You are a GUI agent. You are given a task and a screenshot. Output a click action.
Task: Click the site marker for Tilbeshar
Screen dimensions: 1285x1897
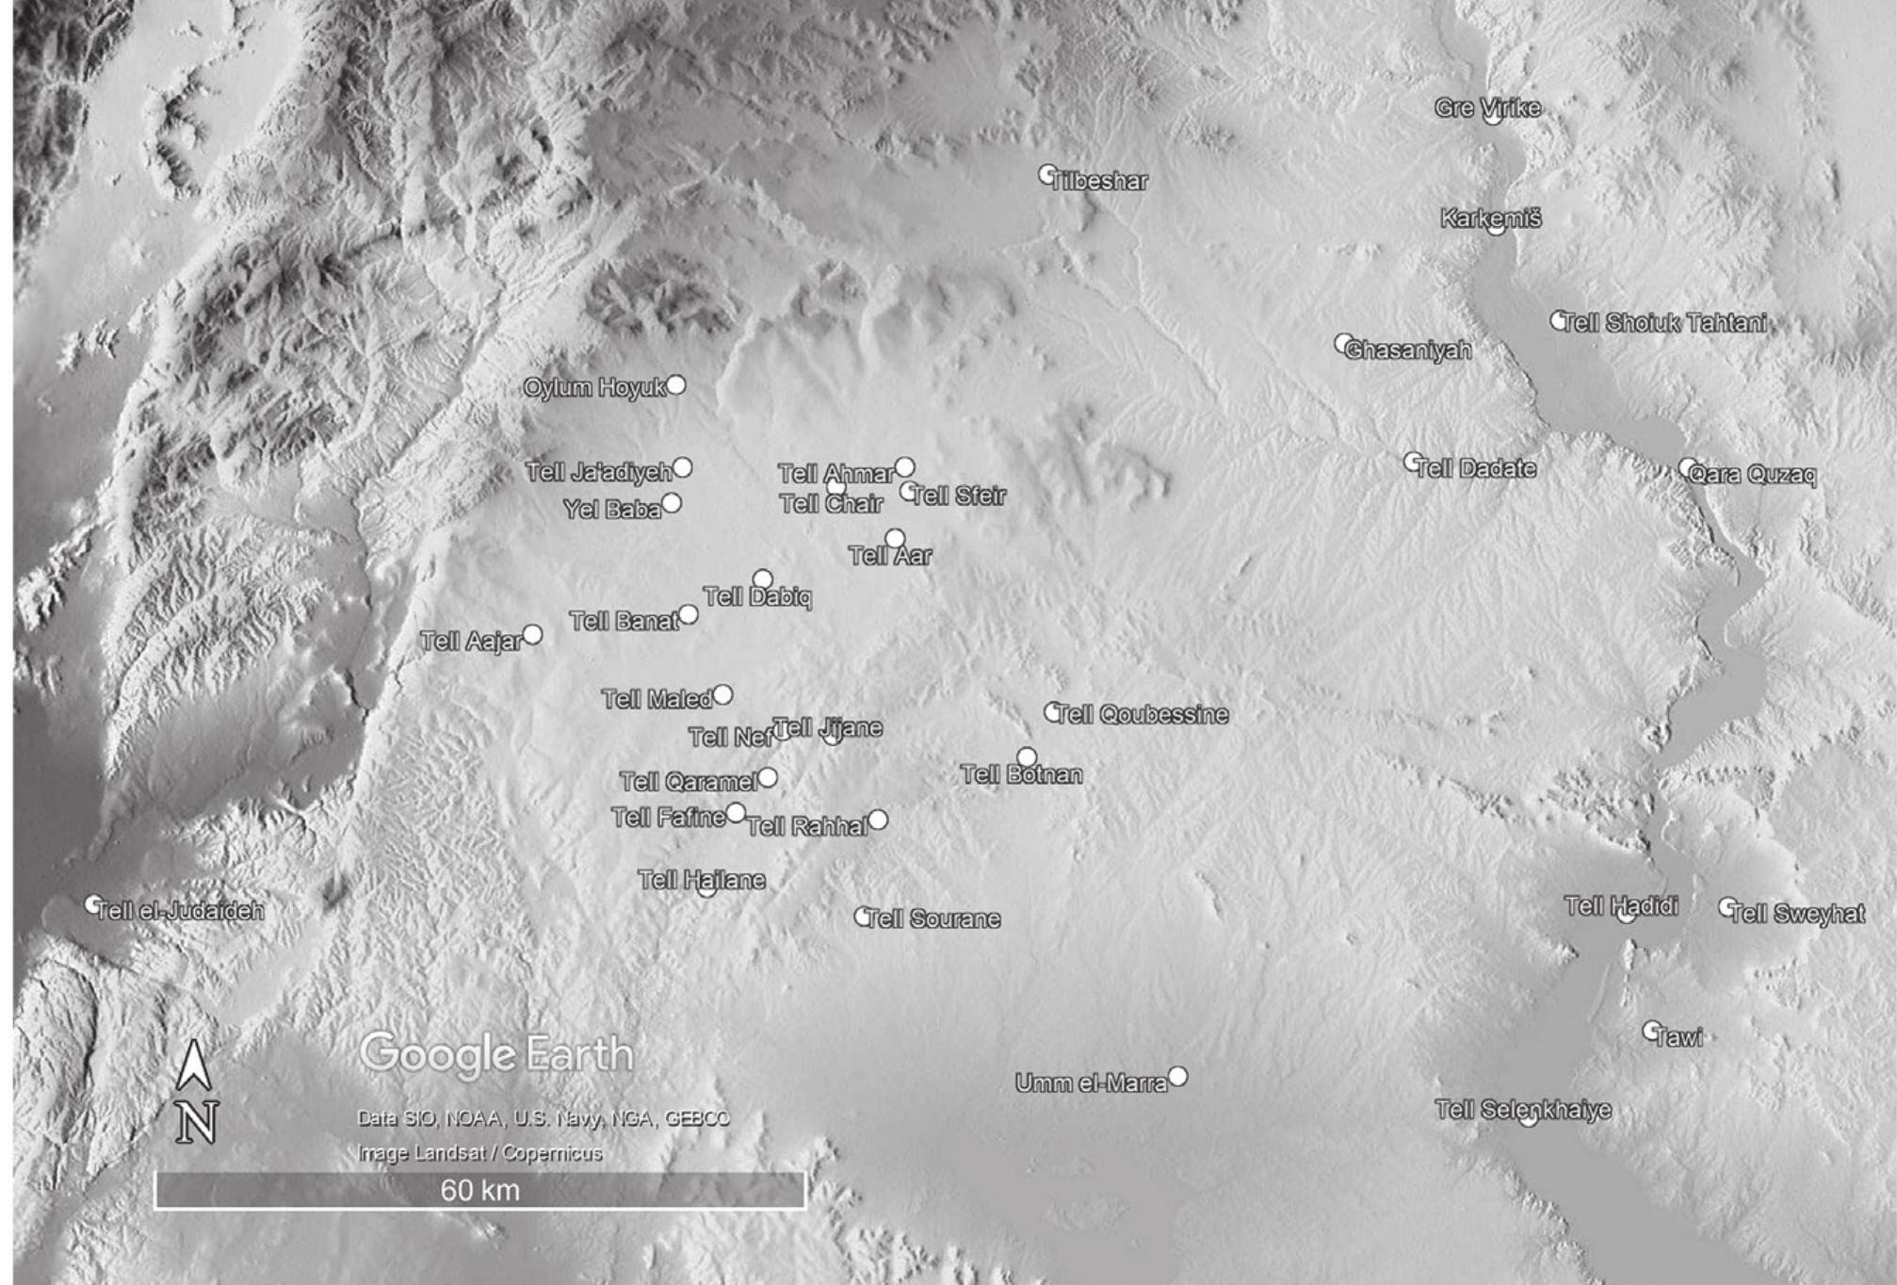[1047, 174]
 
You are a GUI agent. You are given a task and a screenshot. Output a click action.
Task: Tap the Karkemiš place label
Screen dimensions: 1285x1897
[1490, 219]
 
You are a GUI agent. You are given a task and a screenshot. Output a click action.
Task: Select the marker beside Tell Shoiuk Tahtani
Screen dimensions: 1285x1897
[1560, 320]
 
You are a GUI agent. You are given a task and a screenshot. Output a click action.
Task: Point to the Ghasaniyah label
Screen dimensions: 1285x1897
[1409, 350]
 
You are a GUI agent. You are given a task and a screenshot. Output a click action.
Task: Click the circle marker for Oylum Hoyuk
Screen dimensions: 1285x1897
[675, 385]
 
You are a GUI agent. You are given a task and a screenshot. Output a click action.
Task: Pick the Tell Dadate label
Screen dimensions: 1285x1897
[1476, 468]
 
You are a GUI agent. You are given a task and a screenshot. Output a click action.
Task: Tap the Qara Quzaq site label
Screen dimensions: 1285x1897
[1752, 474]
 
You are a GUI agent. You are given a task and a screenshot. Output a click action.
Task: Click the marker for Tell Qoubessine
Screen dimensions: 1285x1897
[1053, 712]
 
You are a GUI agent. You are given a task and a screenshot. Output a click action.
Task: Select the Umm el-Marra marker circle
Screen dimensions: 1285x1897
[1177, 1077]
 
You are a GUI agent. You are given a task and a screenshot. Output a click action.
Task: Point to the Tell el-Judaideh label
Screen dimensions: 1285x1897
[180, 911]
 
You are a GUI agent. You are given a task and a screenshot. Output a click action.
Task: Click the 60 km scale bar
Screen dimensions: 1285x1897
[479, 1190]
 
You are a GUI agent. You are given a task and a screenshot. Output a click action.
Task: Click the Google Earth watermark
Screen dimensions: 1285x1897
[495, 1053]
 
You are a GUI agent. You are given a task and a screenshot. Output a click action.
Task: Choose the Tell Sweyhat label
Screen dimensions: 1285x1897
[1797, 914]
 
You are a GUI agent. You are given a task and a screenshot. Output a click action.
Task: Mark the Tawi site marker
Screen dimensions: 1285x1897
[1652, 1031]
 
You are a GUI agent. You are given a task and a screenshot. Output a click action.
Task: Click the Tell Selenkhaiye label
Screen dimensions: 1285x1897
[1522, 1110]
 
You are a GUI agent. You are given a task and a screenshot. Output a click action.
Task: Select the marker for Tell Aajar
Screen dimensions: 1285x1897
[532, 635]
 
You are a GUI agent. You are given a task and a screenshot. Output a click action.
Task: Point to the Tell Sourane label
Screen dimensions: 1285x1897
[932, 919]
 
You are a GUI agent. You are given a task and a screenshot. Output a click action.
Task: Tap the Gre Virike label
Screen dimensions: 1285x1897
[1487, 107]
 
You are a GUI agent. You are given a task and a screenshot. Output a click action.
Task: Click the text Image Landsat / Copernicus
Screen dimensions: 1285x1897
[479, 1152]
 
